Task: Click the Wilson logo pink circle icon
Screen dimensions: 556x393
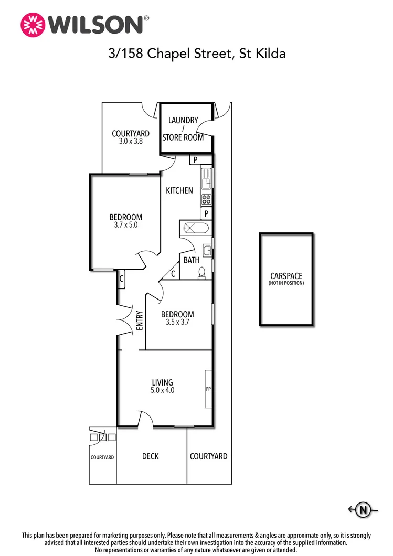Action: coord(33,25)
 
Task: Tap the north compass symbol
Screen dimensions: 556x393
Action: coord(362,508)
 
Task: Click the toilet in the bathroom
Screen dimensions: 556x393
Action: coord(202,272)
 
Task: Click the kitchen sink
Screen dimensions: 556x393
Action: coord(206,177)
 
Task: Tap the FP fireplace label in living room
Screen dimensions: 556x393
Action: coord(208,389)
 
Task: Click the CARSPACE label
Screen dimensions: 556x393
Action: coord(286,276)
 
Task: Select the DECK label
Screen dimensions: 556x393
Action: coord(151,456)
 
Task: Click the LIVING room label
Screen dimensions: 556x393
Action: coord(162,382)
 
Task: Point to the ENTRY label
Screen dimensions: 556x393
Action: coord(140,320)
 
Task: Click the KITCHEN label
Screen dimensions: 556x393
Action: coord(179,190)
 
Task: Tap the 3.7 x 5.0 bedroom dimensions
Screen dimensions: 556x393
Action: coord(125,225)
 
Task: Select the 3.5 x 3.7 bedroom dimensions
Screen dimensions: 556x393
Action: coord(177,323)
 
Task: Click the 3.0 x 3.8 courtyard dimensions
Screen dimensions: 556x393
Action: coord(130,142)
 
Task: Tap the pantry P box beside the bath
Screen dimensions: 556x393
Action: coord(207,213)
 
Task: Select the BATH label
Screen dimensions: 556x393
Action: coord(191,260)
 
